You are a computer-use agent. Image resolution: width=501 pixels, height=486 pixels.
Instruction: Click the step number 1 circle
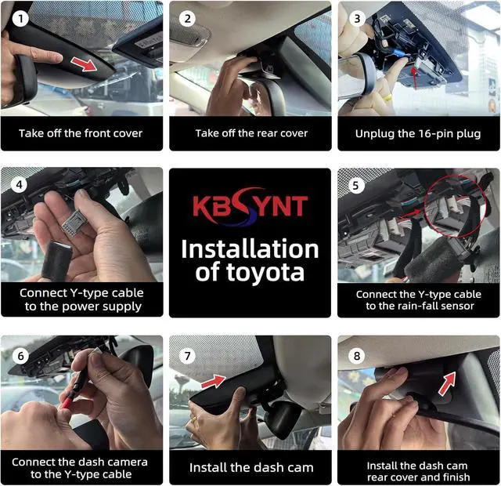click(x=20, y=19)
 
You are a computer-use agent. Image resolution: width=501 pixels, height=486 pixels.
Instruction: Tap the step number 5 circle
click(x=355, y=185)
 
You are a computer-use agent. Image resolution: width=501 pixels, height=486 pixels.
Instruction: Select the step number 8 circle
click(x=357, y=356)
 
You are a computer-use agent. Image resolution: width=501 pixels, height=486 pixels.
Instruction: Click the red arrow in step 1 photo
click(x=84, y=64)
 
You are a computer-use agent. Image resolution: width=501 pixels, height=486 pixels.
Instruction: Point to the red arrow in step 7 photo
click(x=213, y=382)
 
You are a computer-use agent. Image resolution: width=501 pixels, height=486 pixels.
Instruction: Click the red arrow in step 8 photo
click(x=447, y=383)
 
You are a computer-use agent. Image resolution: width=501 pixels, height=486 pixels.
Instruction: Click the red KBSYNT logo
click(x=250, y=206)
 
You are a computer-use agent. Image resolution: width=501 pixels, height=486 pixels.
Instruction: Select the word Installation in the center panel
click(x=250, y=249)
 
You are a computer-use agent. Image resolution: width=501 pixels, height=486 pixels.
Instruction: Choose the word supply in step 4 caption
click(x=123, y=307)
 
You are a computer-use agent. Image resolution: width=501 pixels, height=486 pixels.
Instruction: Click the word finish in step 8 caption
click(x=456, y=477)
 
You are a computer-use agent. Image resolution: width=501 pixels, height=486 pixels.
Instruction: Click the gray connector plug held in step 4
click(x=73, y=220)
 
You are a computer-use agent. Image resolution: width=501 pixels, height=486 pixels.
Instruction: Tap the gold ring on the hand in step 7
click(x=195, y=419)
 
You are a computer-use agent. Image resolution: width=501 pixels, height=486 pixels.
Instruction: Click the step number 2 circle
click(x=187, y=19)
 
